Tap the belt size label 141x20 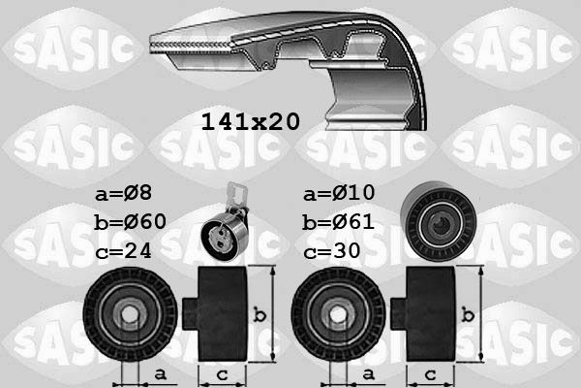tap(250, 122)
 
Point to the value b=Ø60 tap(131, 222)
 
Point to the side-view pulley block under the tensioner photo tap(221, 314)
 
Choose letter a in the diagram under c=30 tap(368, 372)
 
